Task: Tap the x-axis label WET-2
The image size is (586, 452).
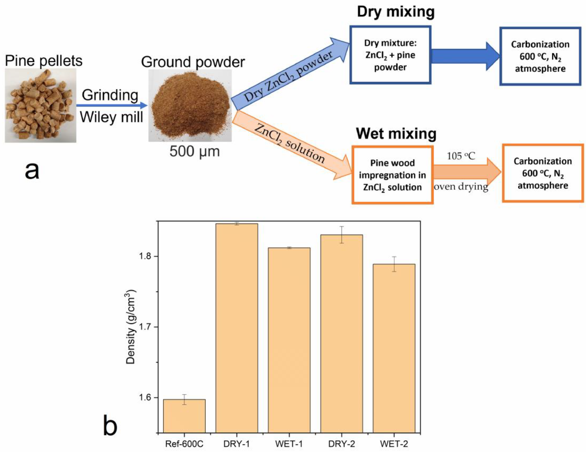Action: (394, 444)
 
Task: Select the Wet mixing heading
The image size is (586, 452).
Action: (396, 133)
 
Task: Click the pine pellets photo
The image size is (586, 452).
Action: (40, 105)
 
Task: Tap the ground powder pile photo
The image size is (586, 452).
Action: (190, 105)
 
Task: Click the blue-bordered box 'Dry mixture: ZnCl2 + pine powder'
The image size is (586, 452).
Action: (390, 55)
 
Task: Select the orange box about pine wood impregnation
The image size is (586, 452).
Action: (392, 175)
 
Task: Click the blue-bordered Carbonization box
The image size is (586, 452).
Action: (540, 56)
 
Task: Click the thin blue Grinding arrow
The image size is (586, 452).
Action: (112, 105)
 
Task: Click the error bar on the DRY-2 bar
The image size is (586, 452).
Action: (342, 234)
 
